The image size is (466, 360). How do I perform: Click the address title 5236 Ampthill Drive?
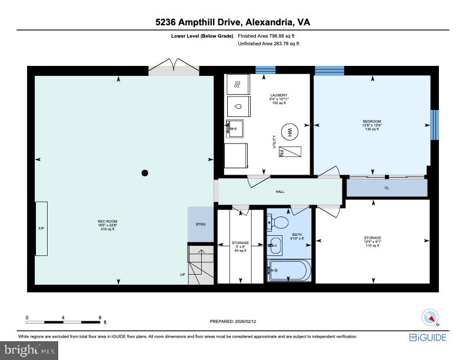[232, 22]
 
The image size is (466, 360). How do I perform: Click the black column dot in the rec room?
[144, 173]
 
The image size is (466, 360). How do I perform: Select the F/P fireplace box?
[41, 228]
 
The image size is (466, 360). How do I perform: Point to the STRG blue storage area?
[201, 224]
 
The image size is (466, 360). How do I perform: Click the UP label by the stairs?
[182, 275]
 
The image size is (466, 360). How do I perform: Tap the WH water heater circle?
[289, 132]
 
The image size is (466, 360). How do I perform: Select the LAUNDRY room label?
[278, 95]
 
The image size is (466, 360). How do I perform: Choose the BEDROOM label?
[372, 122]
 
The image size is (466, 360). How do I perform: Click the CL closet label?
[387, 188]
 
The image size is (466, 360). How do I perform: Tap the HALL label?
[280, 191]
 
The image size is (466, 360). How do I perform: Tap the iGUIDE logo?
[428, 337]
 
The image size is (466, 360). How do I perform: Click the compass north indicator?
[430, 317]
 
